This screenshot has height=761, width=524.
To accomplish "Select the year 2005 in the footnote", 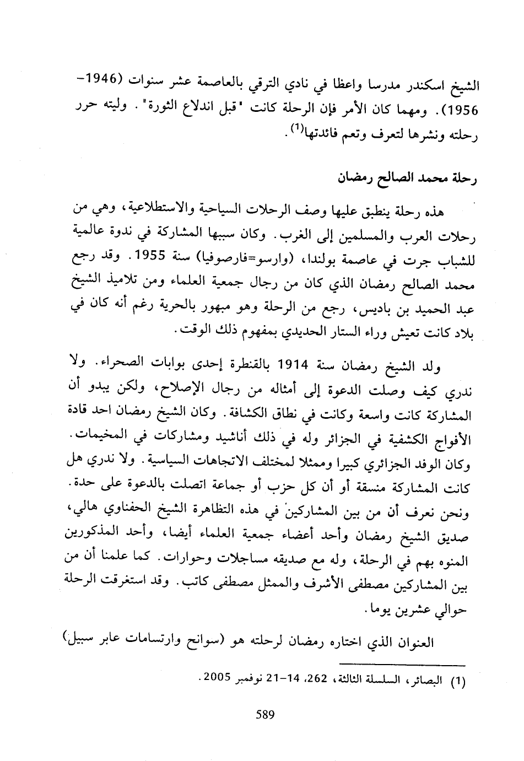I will coord(217,677).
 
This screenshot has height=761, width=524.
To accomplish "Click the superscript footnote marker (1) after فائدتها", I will coord(296,129).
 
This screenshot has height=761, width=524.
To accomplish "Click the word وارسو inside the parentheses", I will coord(269,257).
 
